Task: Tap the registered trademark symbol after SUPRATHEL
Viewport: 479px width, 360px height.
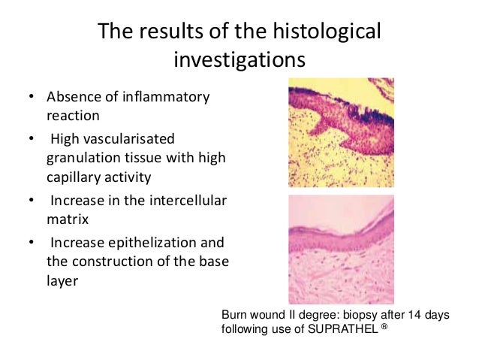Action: (383, 327)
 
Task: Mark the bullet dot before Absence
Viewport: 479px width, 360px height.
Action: (32, 98)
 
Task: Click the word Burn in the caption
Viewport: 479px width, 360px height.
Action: (233, 316)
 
